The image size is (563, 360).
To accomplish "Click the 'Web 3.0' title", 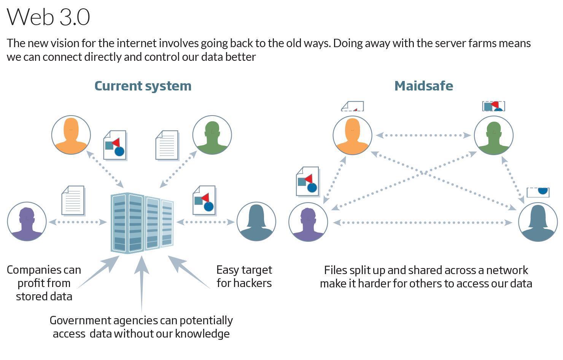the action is click(48, 17).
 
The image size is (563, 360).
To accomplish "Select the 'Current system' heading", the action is click(143, 86).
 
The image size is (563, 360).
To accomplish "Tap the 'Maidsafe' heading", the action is click(424, 86).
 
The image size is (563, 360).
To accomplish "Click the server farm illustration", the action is click(142, 223).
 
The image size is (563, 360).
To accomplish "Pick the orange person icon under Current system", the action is click(71, 135).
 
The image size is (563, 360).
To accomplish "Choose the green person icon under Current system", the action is click(212, 135).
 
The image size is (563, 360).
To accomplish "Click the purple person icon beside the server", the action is click(27, 222).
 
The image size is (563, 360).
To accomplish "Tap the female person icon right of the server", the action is click(256, 222).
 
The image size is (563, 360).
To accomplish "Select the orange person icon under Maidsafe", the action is click(352, 135).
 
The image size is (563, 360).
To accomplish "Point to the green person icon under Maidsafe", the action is click(494, 135).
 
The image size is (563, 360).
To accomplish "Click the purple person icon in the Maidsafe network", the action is click(308, 222).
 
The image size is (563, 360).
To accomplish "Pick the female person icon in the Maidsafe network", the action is click(538, 222).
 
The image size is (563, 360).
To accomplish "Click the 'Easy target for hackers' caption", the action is click(244, 276).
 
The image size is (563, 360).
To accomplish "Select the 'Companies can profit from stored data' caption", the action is click(44, 283).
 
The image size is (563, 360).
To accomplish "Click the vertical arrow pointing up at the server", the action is click(142, 284).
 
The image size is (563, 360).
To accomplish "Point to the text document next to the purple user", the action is click(73, 200).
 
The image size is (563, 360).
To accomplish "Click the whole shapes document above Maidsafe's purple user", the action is click(308, 181).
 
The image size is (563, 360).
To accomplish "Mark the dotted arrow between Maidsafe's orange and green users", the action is click(423, 135).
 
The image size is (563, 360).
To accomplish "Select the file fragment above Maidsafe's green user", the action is click(494, 106).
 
